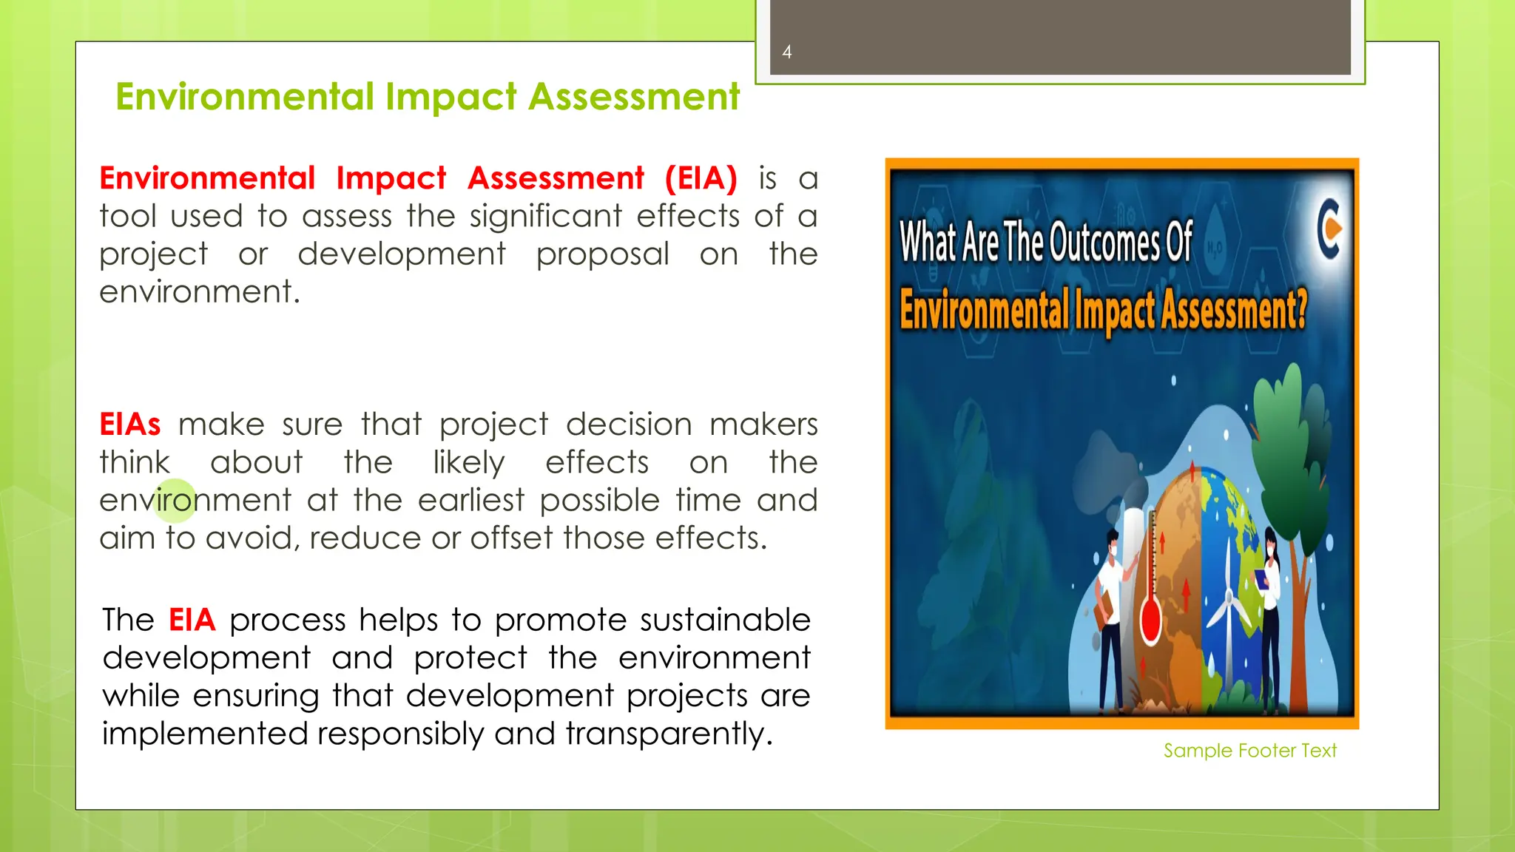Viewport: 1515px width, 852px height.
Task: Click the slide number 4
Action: [x=787, y=52]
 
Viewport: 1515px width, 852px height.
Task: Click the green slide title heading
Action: [x=428, y=97]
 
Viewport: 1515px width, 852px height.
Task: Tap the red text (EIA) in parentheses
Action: [x=701, y=178]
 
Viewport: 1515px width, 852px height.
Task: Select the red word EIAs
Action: [x=130, y=425]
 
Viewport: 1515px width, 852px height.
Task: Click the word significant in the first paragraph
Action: [x=546, y=216]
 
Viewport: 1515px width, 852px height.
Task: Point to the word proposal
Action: [x=603, y=254]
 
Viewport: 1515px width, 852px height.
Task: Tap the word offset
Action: [x=511, y=538]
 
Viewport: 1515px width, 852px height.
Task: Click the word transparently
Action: [x=669, y=734]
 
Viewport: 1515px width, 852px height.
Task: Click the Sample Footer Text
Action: [x=1249, y=751]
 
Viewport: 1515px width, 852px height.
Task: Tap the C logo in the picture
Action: [x=1330, y=229]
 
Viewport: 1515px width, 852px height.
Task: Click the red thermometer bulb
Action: [x=1151, y=620]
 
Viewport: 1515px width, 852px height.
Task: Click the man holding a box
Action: [x=1109, y=614]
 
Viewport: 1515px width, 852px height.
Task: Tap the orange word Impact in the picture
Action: [x=1115, y=310]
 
